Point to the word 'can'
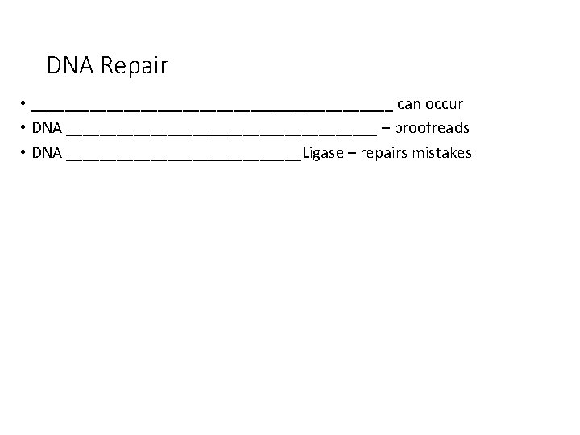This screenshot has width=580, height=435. pos(410,105)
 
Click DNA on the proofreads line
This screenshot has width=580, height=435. pos(48,129)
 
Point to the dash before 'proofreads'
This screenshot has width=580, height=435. pos(387,129)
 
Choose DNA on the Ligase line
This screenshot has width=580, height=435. pos(48,153)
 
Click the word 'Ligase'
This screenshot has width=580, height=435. pos(324,154)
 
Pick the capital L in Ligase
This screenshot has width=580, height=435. pos(306,153)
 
